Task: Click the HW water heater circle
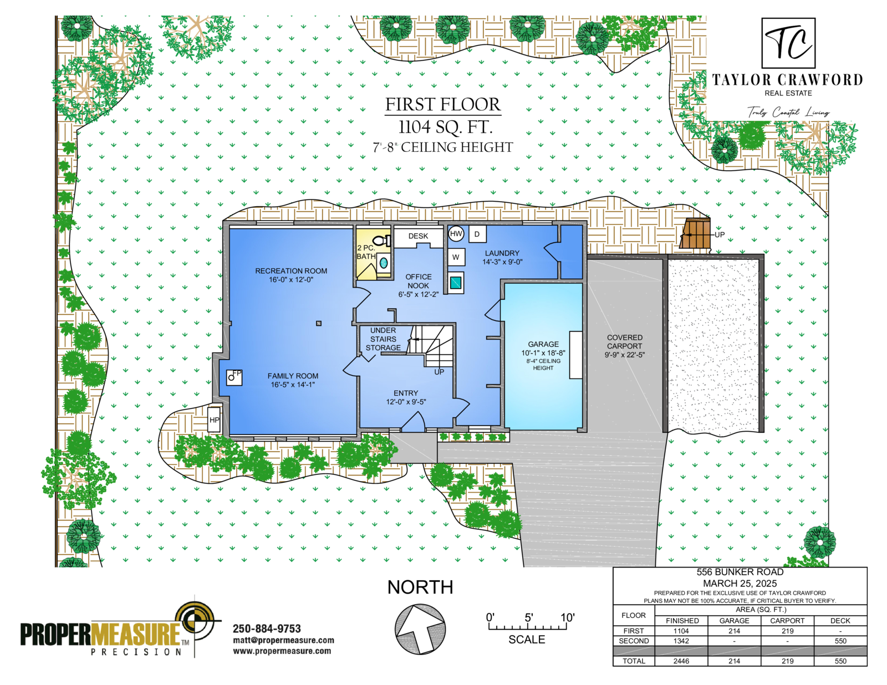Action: [456, 234]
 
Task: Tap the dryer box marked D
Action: [477, 234]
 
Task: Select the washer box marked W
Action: [456, 257]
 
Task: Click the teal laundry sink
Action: [456, 282]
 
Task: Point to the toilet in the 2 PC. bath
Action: [382, 241]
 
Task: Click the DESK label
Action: [418, 236]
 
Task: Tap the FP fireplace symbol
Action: [234, 377]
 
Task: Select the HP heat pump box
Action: [215, 420]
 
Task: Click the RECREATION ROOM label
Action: [291, 271]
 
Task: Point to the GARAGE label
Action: [543, 344]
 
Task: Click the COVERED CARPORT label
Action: [625, 341]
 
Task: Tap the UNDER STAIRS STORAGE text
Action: [383, 339]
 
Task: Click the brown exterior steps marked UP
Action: [695, 233]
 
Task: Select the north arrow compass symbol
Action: [420, 628]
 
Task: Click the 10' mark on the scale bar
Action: [567, 618]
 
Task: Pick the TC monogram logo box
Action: [789, 43]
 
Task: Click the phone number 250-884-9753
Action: [267, 628]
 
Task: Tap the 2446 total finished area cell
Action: [681, 661]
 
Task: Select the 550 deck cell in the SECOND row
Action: [840, 641]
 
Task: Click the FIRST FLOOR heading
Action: [443, 104]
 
